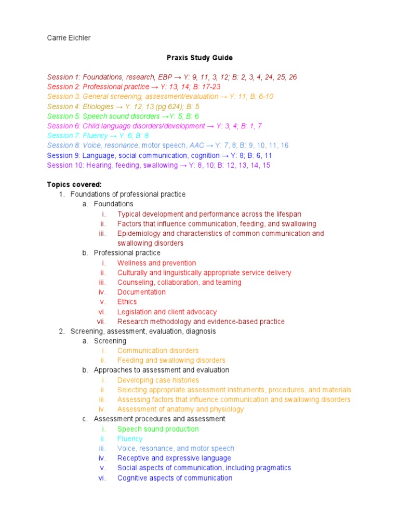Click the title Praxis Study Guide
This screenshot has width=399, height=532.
coord(199,58)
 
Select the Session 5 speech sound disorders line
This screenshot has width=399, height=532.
coord(123,116)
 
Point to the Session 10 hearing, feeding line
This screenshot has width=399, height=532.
coord(158,165)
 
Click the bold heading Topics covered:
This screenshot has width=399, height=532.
coord(74,184)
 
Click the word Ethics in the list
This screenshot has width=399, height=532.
coord(127,302)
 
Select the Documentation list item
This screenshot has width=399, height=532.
coord(141,292)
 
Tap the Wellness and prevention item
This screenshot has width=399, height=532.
coord(156,263)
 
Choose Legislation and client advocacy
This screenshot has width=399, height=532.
coord(167,312)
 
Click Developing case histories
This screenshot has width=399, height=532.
coord(158,380)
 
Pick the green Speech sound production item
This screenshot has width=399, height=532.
coord(158,429)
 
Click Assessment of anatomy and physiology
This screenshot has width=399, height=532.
coord(180,409)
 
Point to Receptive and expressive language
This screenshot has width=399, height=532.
coord(174,458)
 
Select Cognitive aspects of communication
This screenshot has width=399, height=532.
coord(175,478)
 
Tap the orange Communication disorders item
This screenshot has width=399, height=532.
coord(158,351)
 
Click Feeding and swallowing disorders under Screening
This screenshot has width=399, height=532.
coord(171,361)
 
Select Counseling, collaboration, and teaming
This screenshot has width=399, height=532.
coord(179,283)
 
